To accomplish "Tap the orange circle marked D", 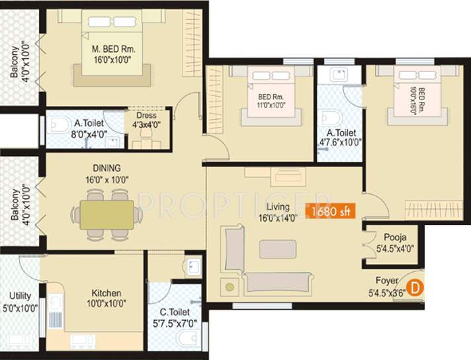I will click(415, 288).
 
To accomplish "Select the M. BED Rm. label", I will click(113, 48).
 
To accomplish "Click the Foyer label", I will click(387, 280).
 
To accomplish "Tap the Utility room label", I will click(20, 296).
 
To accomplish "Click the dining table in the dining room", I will click(107, 214).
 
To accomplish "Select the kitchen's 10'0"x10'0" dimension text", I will click(106, 304).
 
